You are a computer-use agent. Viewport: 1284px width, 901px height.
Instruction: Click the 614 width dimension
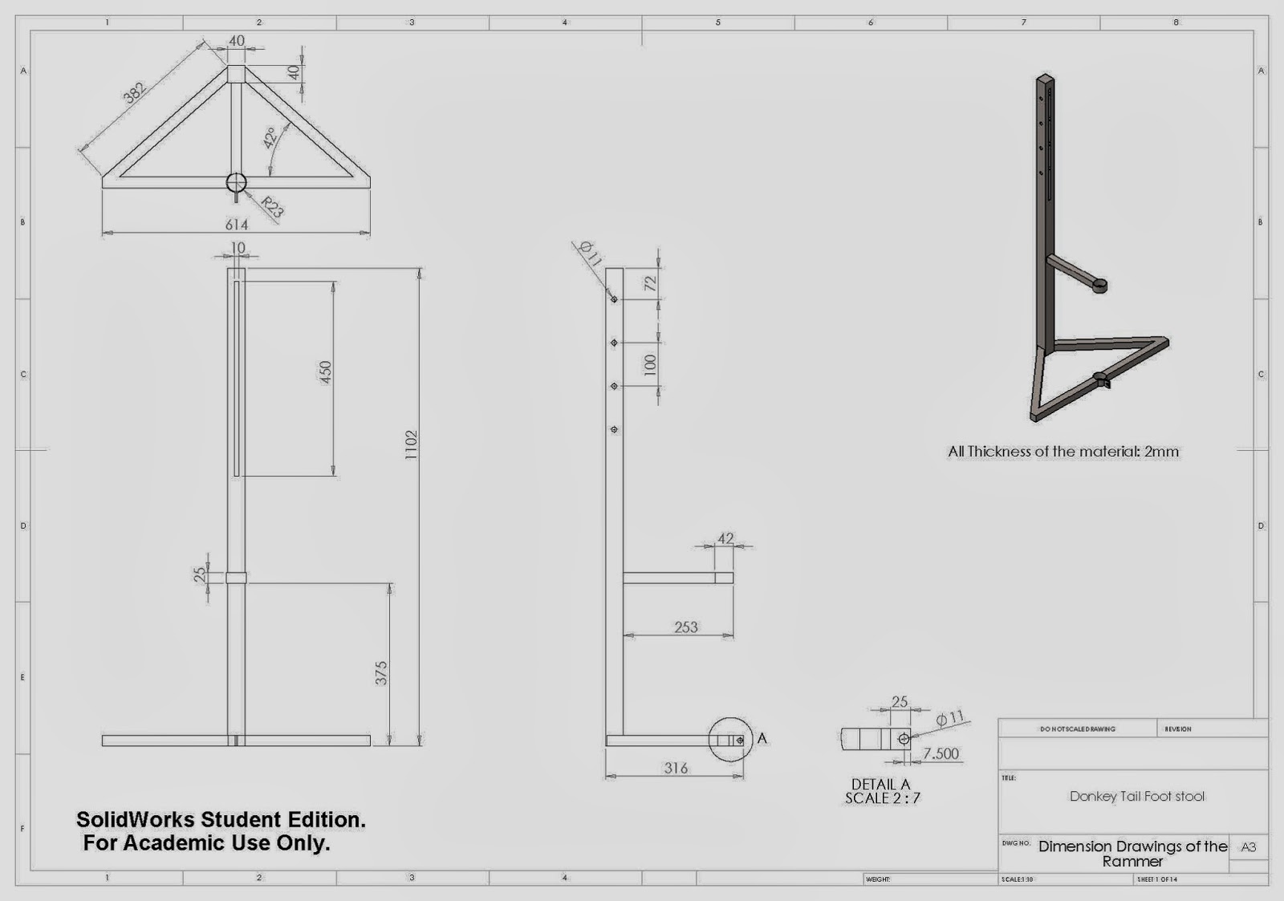click(237, 225)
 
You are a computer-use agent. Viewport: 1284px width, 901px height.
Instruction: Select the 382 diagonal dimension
click(134, 92)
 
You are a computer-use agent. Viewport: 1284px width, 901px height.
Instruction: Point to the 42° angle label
click(270, 137)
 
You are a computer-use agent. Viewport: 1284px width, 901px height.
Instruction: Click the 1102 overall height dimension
click(411, 445)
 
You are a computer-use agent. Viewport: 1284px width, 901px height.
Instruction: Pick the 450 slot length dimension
click(326, 371)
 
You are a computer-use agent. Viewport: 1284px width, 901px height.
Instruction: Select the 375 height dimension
click(381, 672)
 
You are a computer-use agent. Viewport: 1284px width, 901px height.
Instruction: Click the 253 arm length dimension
click(686, 627)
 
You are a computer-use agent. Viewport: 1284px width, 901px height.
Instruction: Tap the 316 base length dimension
click(676, 768)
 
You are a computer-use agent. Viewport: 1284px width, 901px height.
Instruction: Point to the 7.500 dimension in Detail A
click(941, 753)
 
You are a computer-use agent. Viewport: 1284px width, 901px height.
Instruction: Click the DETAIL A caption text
click(881, 785)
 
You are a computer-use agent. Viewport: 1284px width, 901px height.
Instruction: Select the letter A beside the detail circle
click(762, 738)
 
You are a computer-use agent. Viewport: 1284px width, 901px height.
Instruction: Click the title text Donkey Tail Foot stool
click(1136, 797)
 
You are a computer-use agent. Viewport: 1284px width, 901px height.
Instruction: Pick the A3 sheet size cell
click(1249, 847)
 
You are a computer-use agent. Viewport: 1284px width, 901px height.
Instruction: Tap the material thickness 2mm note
click(1063, 452)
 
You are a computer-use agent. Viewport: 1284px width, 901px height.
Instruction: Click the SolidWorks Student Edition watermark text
click(221, 820)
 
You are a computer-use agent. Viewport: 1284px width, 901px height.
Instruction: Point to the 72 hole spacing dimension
click(650, 283)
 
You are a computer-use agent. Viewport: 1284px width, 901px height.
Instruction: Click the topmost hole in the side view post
click(614, 299)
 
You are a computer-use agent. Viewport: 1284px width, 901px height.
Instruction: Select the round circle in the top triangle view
click(237, 182)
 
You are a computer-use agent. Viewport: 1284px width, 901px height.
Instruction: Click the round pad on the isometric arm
click(1100, 284)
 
